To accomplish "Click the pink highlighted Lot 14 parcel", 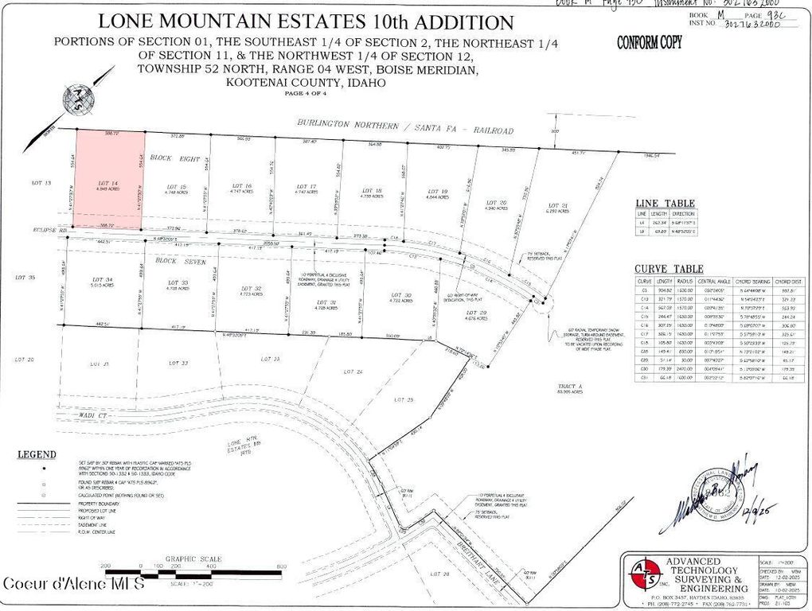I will (x=109, y=181).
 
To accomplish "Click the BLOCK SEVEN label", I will (x=175, y=262).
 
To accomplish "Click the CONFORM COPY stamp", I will (x=650, y=43).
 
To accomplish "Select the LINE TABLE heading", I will (x=665, y=203).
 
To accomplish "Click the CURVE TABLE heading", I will (x=669, y=269).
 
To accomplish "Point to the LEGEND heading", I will (x=37, y=454).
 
